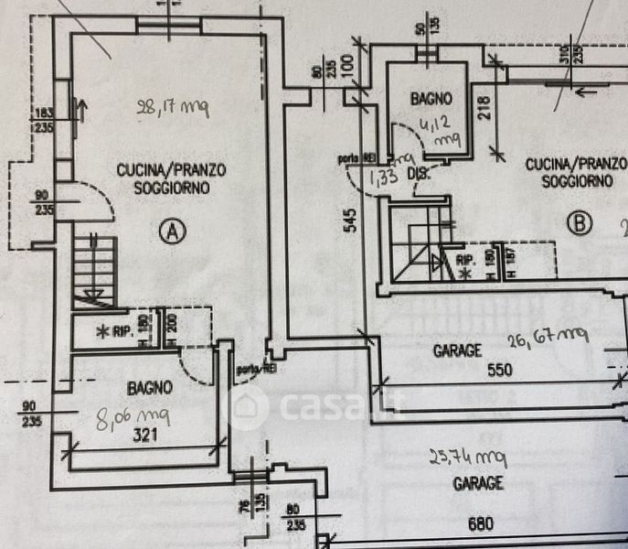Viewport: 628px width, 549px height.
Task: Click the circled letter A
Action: click(x=170, y=231)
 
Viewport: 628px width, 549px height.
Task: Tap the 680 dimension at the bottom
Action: click(x=480, y=524)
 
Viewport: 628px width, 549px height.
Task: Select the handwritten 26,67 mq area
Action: click(x=547, y=341)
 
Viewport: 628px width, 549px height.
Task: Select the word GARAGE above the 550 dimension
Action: click(x=457, y=350)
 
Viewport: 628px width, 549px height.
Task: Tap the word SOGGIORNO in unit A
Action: click(x=171, y=188)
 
